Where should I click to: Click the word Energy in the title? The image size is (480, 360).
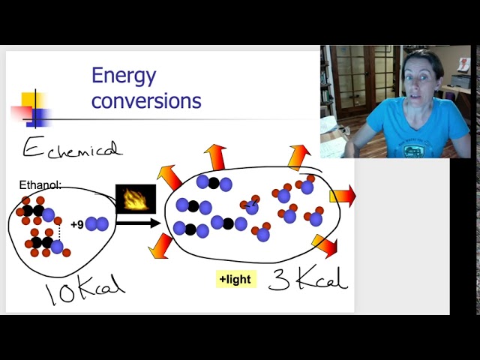pyautogui.click(x=124, y=76)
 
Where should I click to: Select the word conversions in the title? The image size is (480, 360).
pyautogui.click(x=146, y=100)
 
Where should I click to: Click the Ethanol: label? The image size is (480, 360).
pyautogui.click(x=40, y=185)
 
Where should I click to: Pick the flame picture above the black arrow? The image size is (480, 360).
pyautogui.click(x=135, y=199)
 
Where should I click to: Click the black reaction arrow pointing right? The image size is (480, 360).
pyautogui.click(x=139, y=222)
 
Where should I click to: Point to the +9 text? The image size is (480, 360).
pyautogui.click(x=76, y=224)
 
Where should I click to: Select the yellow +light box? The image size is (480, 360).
pyautogui.click(x=236, y=280)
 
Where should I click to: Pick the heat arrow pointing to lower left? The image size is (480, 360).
pyautogui.click(x=160, y=245)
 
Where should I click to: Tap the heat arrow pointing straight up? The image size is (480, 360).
pyautogui.click(x=216, y=157)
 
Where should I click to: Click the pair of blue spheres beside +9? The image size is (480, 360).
pyautogui.click(x=96, y=223)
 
